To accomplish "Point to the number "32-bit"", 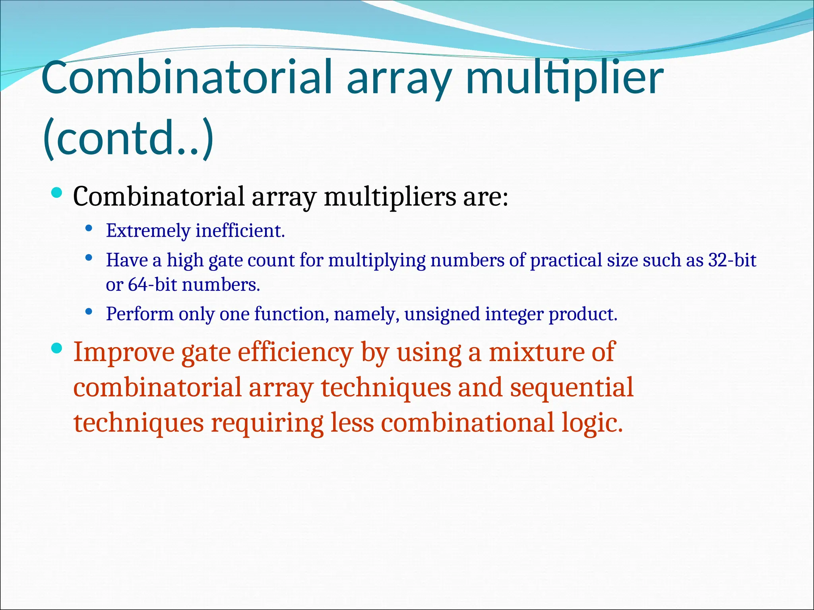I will tap(732, 260).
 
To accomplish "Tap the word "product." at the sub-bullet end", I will tap(583, 314).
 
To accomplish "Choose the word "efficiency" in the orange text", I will tap(295, 352).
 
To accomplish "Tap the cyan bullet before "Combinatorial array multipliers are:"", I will tap(57, 193).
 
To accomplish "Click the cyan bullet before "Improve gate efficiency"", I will tap(57, 349).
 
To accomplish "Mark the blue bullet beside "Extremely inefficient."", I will tap(89, 228).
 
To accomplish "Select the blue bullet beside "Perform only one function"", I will tap(89, 312).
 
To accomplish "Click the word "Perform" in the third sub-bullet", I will tap(140, 314).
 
